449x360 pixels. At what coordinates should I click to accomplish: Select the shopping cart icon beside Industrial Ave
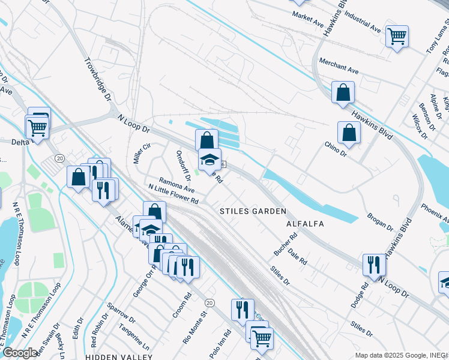tap(397, 37)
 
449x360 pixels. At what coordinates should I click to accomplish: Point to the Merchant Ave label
tap(339, 65)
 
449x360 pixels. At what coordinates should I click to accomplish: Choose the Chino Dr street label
tap(336, 147)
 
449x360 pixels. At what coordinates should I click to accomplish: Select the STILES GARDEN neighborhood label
tap(252, 211)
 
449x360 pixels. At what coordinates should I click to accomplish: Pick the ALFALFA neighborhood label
tap(306, 224)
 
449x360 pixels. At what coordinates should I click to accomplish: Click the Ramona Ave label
tap(177, 184)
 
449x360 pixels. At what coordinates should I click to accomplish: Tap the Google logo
tap(20, 353)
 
